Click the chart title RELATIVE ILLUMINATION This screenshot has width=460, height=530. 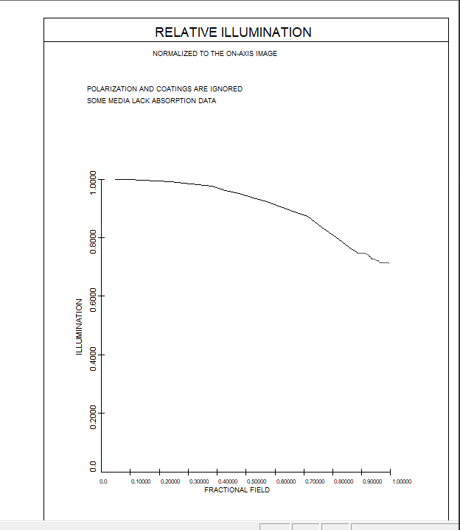pos(233,32)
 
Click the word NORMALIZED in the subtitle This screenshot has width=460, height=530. pos(172,54)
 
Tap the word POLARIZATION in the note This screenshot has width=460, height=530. pos(112,89)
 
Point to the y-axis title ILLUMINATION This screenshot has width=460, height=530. pos(79,327)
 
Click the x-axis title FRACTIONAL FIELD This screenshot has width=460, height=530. pos(237,489)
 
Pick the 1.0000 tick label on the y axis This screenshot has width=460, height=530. pos(94,181)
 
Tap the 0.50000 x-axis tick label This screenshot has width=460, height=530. pos(257,481)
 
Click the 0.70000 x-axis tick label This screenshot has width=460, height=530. pos(315,481)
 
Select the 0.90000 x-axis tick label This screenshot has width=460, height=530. pos(372,481)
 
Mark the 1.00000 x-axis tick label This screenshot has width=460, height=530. pos(402,481)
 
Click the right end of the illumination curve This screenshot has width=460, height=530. pos(388,263)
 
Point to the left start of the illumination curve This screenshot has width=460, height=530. pos(115,179)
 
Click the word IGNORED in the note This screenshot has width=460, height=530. pos(227,89)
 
